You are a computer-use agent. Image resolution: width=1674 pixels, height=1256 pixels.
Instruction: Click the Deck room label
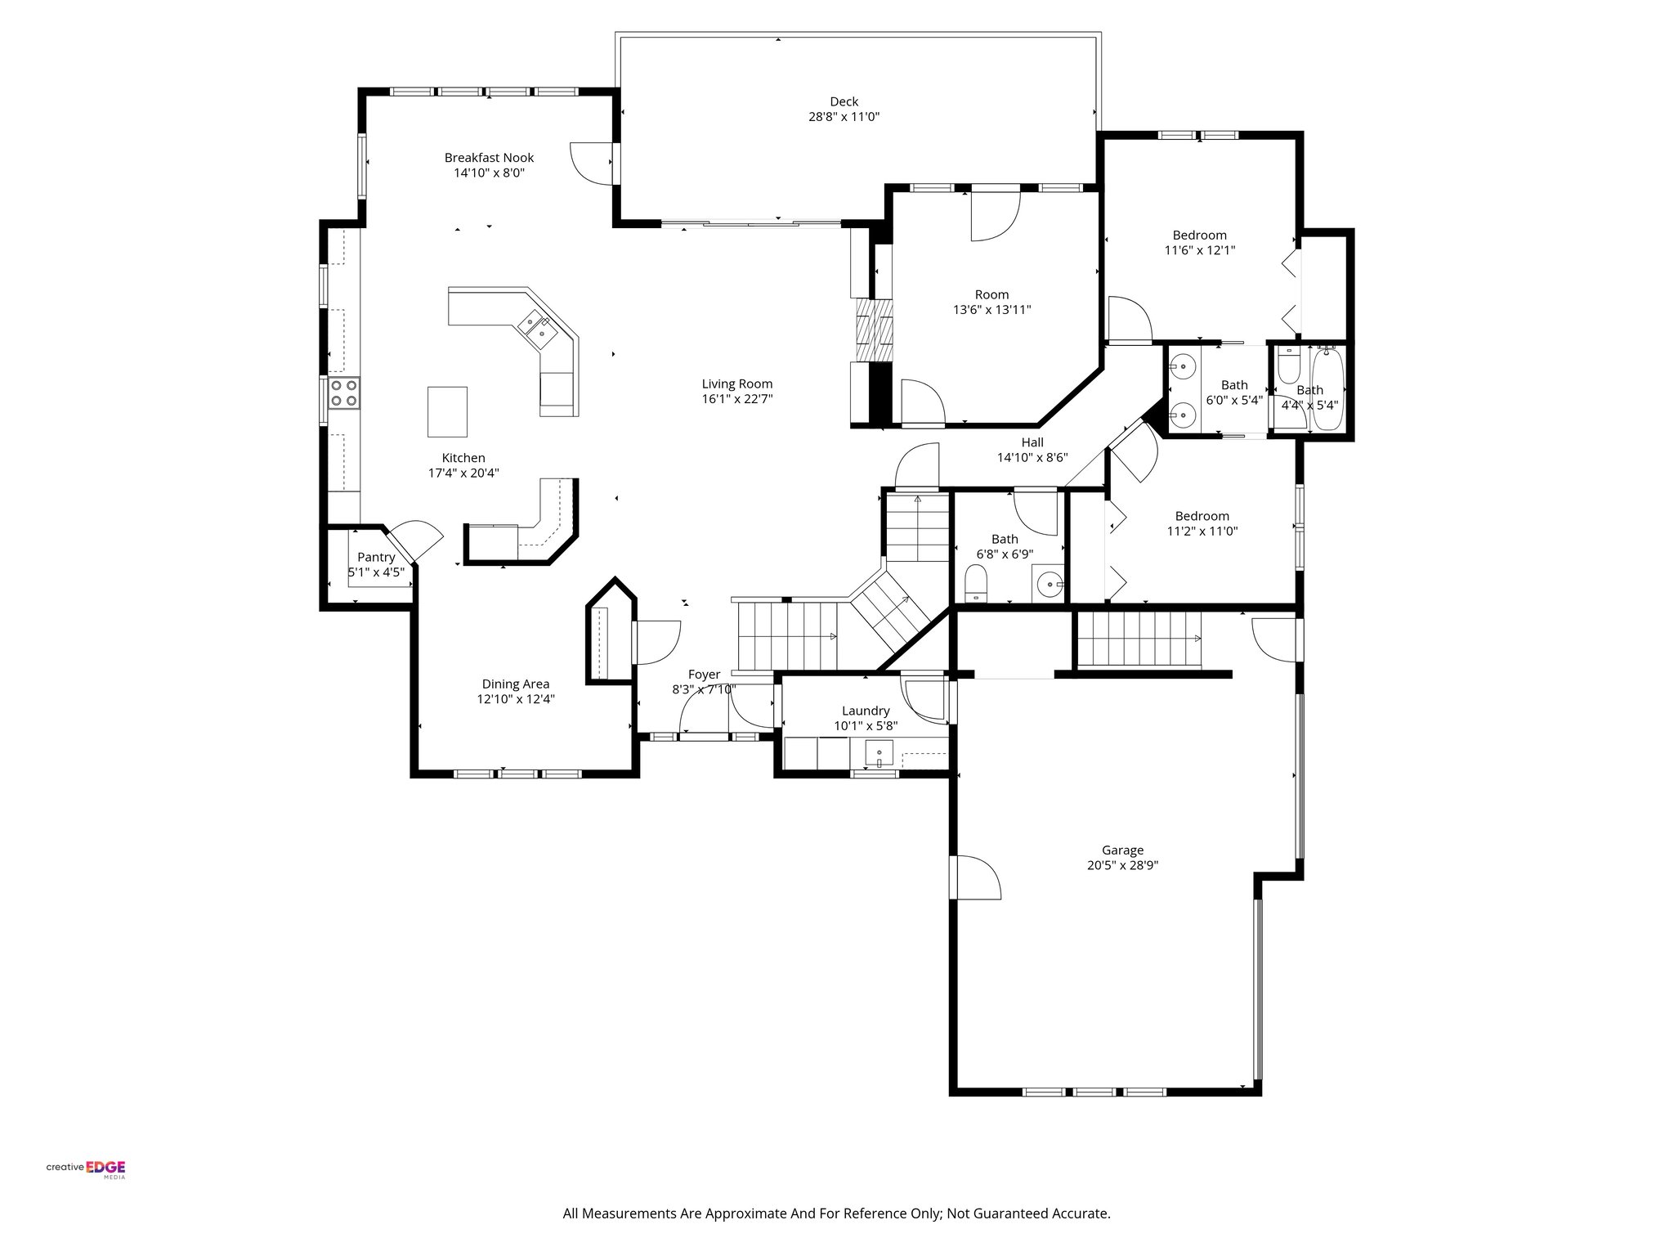point(844,101)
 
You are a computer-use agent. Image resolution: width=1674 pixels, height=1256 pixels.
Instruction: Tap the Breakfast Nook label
point(489,158)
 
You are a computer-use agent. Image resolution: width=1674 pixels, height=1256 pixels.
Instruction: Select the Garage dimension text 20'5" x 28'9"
point(1122,866)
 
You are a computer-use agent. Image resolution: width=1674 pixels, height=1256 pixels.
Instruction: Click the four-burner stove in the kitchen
point(344,392)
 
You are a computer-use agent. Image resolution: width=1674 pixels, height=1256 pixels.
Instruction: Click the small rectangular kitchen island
point(448,411)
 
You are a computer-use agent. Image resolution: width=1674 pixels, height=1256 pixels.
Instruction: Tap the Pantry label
point(376,557)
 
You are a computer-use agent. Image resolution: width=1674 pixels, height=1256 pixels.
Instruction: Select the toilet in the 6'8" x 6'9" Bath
point(977,584)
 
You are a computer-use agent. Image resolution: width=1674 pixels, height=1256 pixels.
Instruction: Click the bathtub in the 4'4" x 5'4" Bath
point(1327,389)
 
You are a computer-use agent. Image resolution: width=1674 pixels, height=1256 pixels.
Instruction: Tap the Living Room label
point(736,384)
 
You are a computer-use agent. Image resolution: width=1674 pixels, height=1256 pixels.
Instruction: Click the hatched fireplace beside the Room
point(874,330)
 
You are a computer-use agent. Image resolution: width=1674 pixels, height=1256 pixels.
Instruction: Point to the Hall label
point(1032,442)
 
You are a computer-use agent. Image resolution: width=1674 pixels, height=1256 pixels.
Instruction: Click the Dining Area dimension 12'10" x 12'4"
point(516,699)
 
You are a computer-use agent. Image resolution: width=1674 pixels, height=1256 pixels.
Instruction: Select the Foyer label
point(704,675)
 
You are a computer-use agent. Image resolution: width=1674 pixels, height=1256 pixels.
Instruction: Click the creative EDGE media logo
point(86,1168)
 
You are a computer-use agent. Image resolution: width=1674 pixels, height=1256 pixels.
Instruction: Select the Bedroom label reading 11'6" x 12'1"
point(1199,250)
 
